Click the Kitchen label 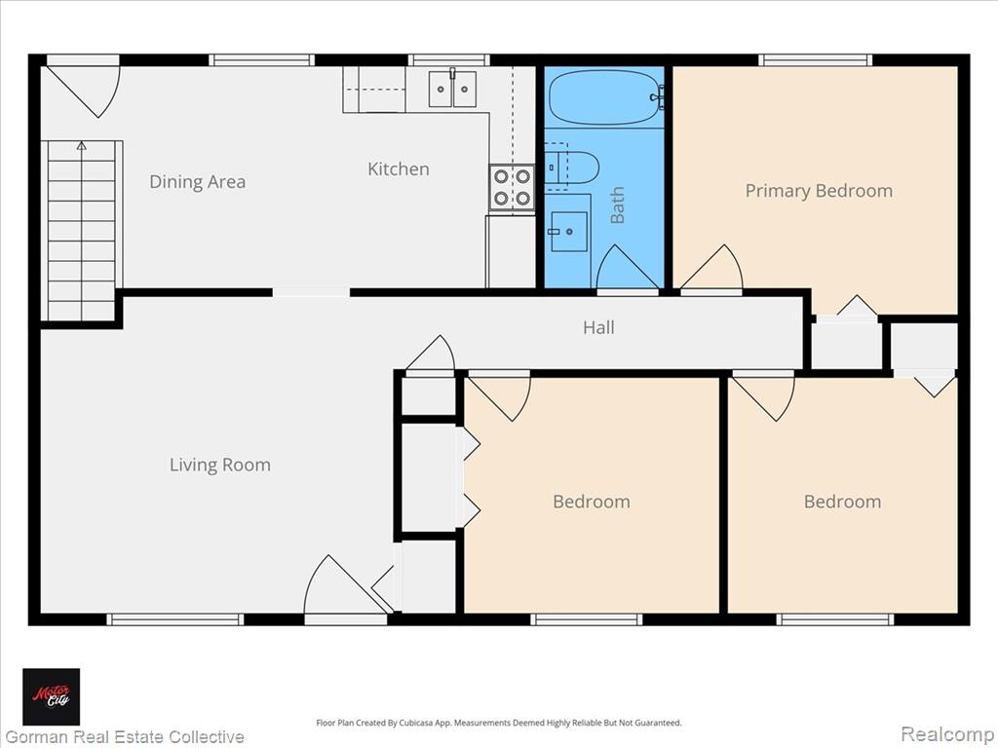pos(399,169)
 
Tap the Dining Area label pos(197,182)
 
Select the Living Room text pos(220,465)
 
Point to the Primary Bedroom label pos(819,191)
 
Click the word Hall pos(599,327)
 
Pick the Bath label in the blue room pos(617,205)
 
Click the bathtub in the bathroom pos(603,97)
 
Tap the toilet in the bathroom pos(571,167)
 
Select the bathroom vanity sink pos(568,232)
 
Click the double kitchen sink pos(452,89)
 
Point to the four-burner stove pos(512,188)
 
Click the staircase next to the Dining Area pos(82,230)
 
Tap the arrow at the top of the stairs pos(82,146)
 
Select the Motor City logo pos(52,696)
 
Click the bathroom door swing pos(628,267)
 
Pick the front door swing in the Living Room pos(346,584)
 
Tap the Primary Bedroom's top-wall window pos(815,60)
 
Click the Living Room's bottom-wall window pos(175,619)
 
